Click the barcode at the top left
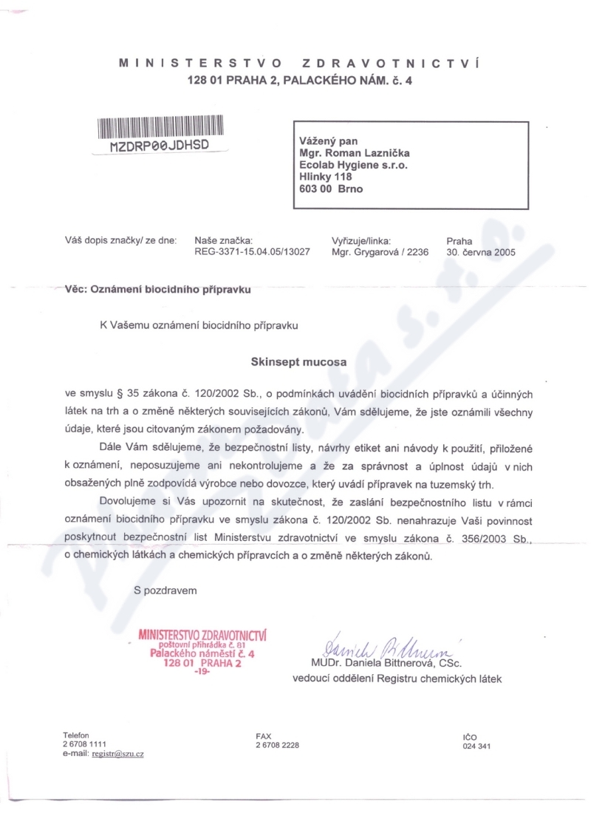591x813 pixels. [x=160, y=127]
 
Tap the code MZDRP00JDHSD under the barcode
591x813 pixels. [x=160, y=146]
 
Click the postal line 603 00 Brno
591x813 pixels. [x=331, y=188]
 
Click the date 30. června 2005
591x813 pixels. [x=481, y=251]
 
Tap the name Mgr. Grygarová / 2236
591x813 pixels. [x=380, y=251]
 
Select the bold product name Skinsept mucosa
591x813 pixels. [x=299, y=363]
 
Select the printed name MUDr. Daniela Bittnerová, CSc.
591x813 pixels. [x=386, y=662]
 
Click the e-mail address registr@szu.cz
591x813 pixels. [x=117, y=754]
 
